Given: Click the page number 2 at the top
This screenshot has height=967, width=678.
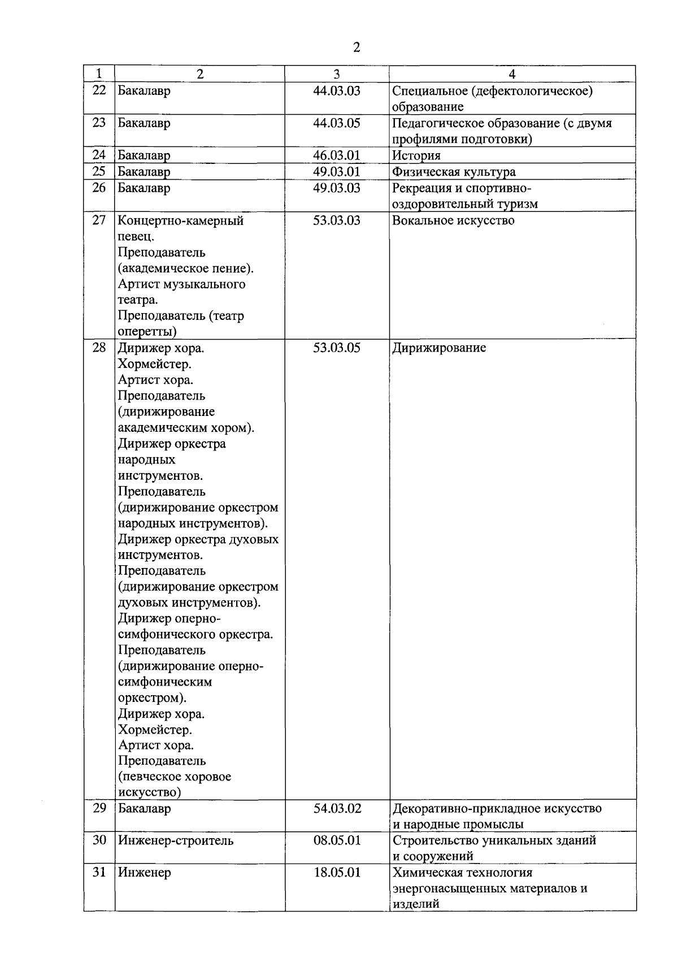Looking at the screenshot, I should (356, 47).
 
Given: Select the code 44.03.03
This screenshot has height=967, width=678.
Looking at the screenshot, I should (337, 90).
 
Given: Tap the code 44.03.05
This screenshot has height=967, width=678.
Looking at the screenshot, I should (337, 123).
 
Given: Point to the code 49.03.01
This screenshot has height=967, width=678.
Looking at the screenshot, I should (337, 171).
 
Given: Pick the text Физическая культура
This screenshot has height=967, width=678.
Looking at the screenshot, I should (454, 172).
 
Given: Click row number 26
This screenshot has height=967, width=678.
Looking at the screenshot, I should (99, 188).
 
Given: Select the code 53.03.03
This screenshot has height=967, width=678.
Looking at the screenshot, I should (337, 220).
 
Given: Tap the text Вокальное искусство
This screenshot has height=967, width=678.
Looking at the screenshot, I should (453, 220).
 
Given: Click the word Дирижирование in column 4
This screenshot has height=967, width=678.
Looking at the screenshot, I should (439, 348).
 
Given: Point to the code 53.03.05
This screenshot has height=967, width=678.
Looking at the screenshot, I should (337, 348).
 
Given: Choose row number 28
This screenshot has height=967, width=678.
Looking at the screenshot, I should (99, 348).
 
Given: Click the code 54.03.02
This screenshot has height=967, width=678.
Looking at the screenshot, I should (337, 808).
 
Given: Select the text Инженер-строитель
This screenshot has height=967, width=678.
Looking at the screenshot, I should (176, 840).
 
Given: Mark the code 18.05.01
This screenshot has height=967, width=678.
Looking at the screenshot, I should (337, 872).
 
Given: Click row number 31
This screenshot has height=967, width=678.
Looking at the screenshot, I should (99, 872).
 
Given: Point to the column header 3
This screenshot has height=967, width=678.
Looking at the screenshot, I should (337, 74).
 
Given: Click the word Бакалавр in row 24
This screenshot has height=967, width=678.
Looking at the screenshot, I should (144, 155).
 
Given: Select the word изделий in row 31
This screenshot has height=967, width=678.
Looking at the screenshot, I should (416, 904).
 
